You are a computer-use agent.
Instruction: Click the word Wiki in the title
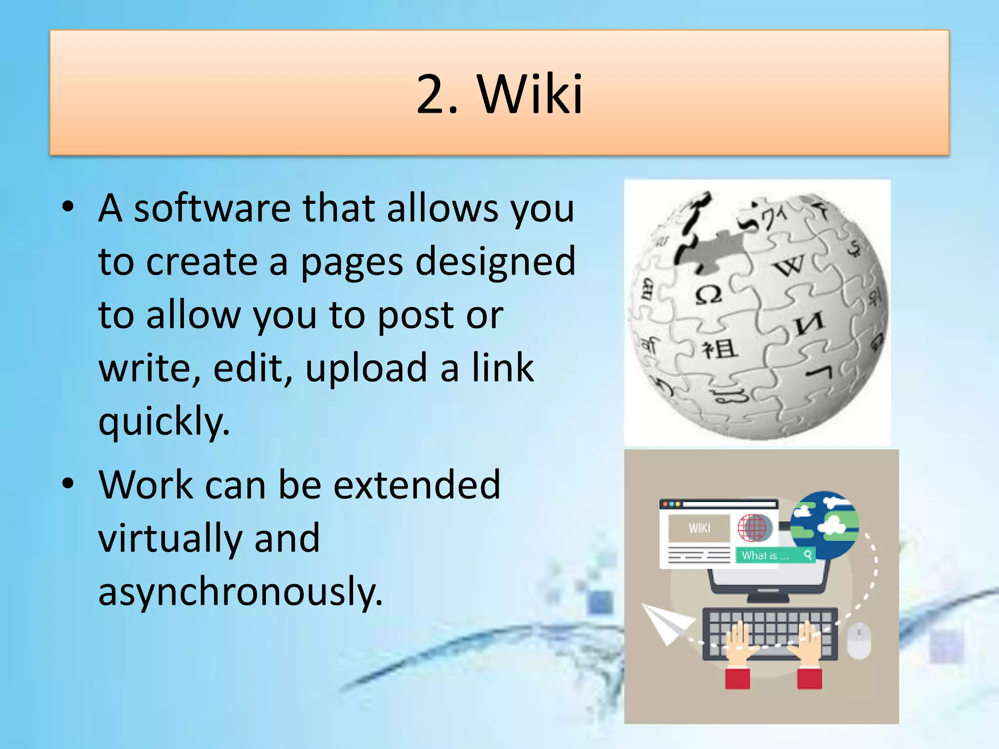pyautogui.click(x=530, y=94)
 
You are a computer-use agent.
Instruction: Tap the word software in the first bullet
pyautogui.click(x=212, y=209)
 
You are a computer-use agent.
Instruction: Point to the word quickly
pyautogui.click(x=164, y=422)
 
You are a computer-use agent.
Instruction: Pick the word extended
pyautogui.click(x=417, y=485)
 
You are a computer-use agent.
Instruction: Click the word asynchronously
pyautogui.click(x=240, y=591)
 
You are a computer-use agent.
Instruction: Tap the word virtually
pyautogui.click(x=170, y=538)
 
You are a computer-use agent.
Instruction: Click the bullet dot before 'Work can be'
pyautogui.click(x=68, y=484)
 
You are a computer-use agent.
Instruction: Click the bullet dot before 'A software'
pyautogui.click(x=68, y=207)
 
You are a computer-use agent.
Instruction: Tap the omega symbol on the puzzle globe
pyautogui.click(x=708, y=295)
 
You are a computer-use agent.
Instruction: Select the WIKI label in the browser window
pyautogui.click(x=699, y=528)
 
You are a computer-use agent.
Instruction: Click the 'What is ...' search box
pyautogui.click(x=775, y=555)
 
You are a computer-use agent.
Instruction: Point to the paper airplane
pyautogui.click(x=665, y=622)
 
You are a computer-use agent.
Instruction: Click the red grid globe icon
pyautogui.click(x=754, y=528)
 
